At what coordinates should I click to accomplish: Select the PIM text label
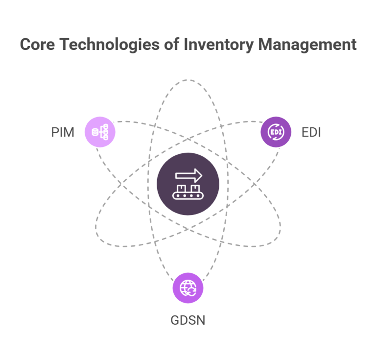[x=63, y=132]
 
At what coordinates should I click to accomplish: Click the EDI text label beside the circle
[x=311, y=132]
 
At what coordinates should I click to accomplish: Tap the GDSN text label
[x=188, y=321]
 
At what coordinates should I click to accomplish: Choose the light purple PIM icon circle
[x=100, y=131]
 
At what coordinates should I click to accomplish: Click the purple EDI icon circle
[x=276, y=131]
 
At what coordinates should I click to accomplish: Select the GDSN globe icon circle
[x=188, y=288]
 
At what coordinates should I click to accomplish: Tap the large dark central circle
[x=188, y=184]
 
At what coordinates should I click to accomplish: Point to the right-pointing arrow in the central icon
[x=188, y=175]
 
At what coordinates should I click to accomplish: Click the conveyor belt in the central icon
[x=188, y=196]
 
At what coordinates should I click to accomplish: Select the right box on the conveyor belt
[x=195, y=189]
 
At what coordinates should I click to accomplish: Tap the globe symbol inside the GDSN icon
[x=188, y=288]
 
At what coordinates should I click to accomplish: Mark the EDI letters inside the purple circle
[x=276, y=131]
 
